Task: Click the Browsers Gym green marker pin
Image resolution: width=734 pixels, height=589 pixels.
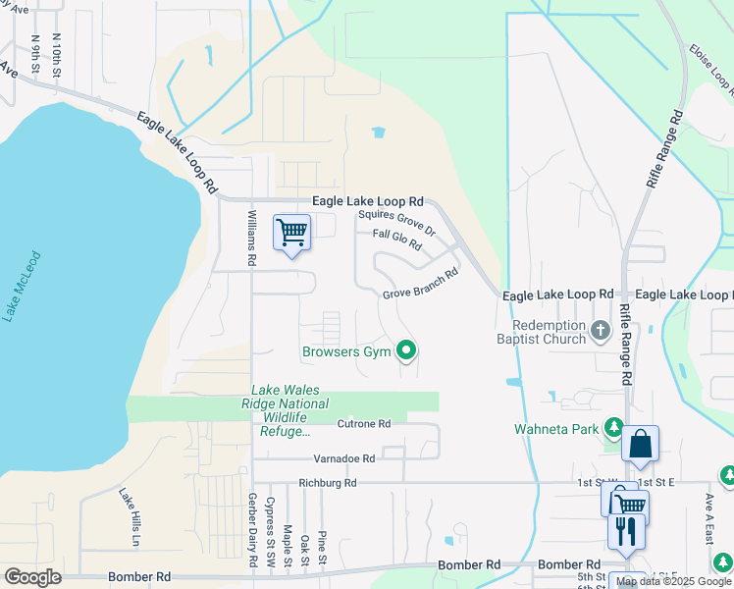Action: pyautogui.click(x=405, y=350)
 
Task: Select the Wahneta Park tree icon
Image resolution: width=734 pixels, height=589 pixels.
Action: pyautogui.click(x=613, y=427)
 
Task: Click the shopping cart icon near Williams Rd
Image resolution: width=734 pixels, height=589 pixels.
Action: pyautogui.click(x=292, y=233)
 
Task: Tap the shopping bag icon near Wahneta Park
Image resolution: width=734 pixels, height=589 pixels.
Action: pyautogui.click(x=640, y=444)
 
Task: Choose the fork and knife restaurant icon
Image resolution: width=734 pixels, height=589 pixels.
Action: pyautogui.click(x=625, y=531)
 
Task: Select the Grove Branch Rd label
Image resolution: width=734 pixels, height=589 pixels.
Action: pyautogui.click(x=420, y=286)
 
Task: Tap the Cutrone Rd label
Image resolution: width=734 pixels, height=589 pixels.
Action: pyautogui.click(x=364, y=424)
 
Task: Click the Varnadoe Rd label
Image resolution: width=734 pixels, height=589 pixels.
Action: pyautogui.click(x=343, y=458)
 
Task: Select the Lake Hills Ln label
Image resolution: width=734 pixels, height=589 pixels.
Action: pyautogui.click(x=130, y=517)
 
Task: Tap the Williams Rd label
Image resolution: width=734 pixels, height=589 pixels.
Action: pyautogui.click(x=252, y=239)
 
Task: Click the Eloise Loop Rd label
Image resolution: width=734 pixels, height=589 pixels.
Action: pyautogui.click(x=710, y=69)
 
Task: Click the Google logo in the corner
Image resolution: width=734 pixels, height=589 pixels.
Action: pyautogui.click(x=32, y=577)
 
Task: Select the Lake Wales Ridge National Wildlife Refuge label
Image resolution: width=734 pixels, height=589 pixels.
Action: pyautogui.click(x=286, y=410)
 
